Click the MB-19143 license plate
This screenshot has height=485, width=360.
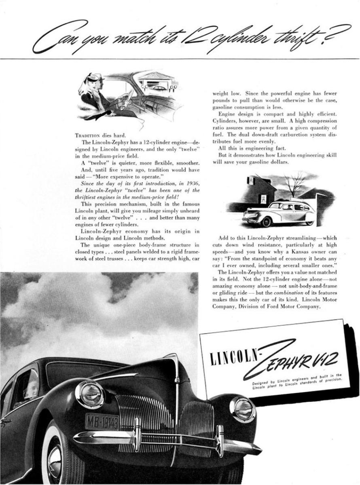tap(102, 421)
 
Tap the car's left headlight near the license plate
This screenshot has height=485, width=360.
tap(90, 394)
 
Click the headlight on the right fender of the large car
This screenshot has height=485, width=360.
tap(242, 409)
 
